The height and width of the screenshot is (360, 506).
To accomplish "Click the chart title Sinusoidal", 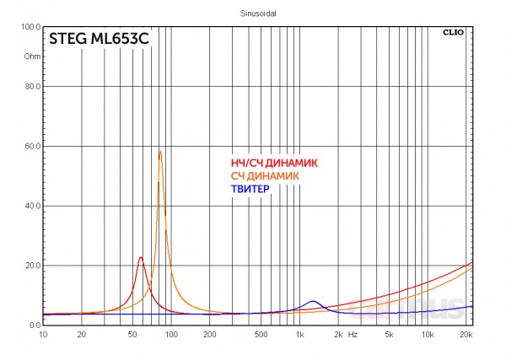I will click(254, 13).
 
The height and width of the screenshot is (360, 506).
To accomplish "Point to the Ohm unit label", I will click(32, 56).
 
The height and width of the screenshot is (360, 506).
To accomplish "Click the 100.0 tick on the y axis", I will click(31, 27).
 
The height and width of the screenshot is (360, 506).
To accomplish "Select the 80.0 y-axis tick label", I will click(32, 86).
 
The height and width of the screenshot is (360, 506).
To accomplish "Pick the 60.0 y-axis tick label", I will click(32, 146).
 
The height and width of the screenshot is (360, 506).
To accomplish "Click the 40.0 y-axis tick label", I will click(32, 206).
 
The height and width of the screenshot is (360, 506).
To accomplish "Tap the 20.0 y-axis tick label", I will click(32, 266).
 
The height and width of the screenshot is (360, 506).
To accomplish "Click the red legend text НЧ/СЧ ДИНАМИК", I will click(273, 163).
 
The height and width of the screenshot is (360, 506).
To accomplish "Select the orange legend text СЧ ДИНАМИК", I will click(265, 176).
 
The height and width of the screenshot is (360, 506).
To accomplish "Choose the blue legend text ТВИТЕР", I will click(250, 190).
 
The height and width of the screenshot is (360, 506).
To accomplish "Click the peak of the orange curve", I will click(160, 152).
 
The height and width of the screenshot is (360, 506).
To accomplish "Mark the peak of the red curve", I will click(141, 257).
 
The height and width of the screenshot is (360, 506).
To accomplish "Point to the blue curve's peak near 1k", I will click(313, 301).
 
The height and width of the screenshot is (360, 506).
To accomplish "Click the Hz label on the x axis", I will click(353, 335).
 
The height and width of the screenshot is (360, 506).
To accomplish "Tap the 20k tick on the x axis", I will click(466, 335).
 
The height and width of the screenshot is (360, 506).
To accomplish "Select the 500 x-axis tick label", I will click(261, 335).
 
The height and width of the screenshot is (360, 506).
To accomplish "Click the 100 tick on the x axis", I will click(171, 335).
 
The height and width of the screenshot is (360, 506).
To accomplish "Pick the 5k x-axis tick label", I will click(389, 335).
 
